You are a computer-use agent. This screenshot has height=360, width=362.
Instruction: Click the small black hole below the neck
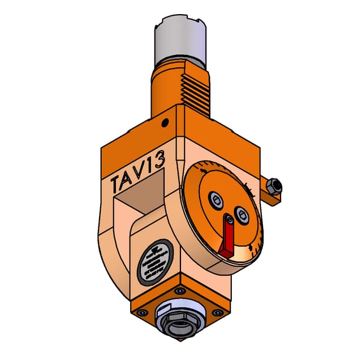165,123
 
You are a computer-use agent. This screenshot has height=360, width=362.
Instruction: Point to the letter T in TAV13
118,183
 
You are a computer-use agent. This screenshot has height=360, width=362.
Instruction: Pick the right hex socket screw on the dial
242,214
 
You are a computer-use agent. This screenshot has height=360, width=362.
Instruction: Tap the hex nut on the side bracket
273,185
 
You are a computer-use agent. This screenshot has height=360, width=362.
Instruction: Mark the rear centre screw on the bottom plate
180,290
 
